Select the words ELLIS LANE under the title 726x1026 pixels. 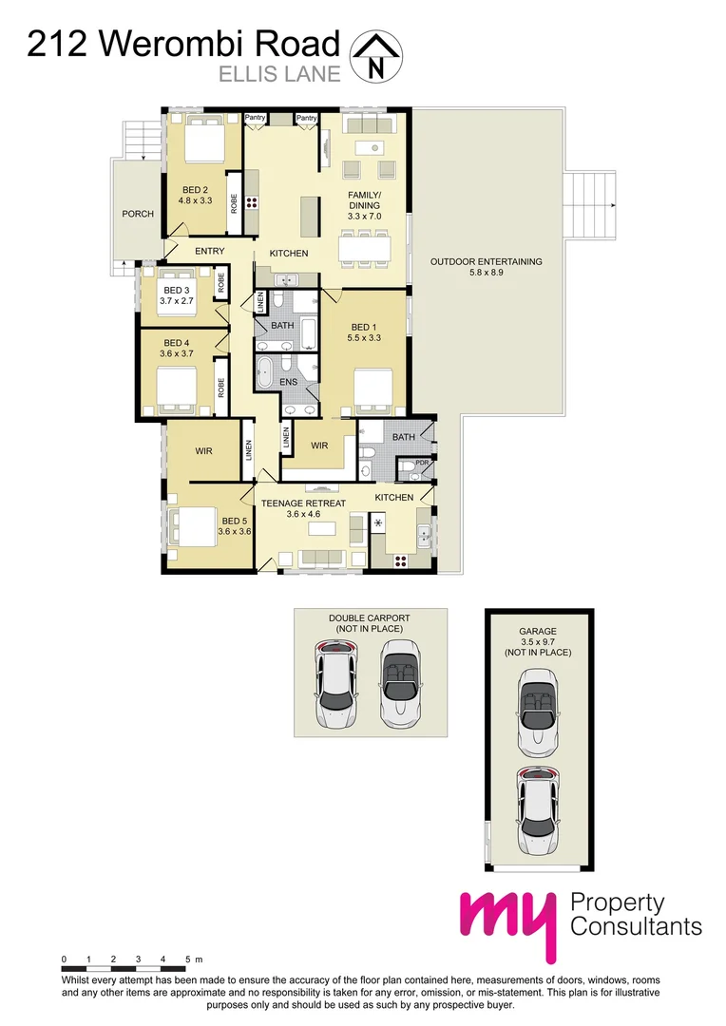280,72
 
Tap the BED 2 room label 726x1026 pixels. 195,189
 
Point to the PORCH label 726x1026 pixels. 138,214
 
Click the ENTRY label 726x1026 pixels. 209,251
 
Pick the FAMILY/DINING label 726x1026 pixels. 364,199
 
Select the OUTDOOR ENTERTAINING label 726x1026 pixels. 486,261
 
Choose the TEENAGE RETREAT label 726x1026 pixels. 305,503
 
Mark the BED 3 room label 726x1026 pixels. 177,290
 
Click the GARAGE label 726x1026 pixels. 537,631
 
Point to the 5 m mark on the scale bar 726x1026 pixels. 188,960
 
